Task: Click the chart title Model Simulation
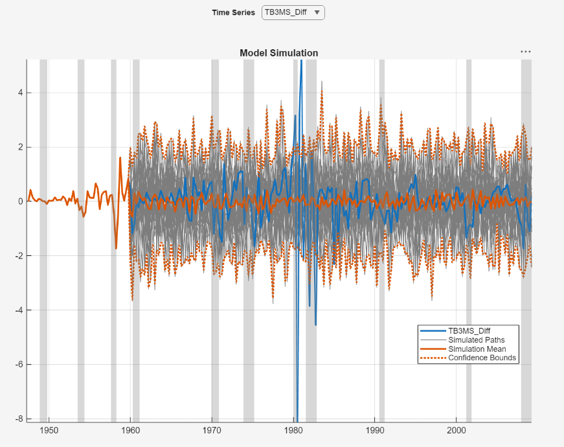(x=278, y=53)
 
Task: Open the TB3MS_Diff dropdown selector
(x=292, y=12)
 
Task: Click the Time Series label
(x=233, y=12)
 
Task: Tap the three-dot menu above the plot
(x=525, y=52)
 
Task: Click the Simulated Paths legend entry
(x=476, y=339)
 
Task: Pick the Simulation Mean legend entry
(x=477, y=349)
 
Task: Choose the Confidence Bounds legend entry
(x=482, y=358)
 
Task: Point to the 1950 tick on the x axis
(x=49, y=431)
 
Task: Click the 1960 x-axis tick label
(x=130, y=431)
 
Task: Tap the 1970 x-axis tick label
(x=212, y=431)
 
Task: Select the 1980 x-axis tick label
(x=293, y=431)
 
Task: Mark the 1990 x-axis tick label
(x=375, y=431)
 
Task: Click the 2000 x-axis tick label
(x=457, y=431)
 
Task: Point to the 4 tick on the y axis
(x=20, y=93)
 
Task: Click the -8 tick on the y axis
(x=19, y=418)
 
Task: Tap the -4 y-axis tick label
(x=19, y=310)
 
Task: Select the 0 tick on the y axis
(x=20, y=201)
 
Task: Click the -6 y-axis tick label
(x=19, y=364)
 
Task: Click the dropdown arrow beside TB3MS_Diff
(x=317, y=12)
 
